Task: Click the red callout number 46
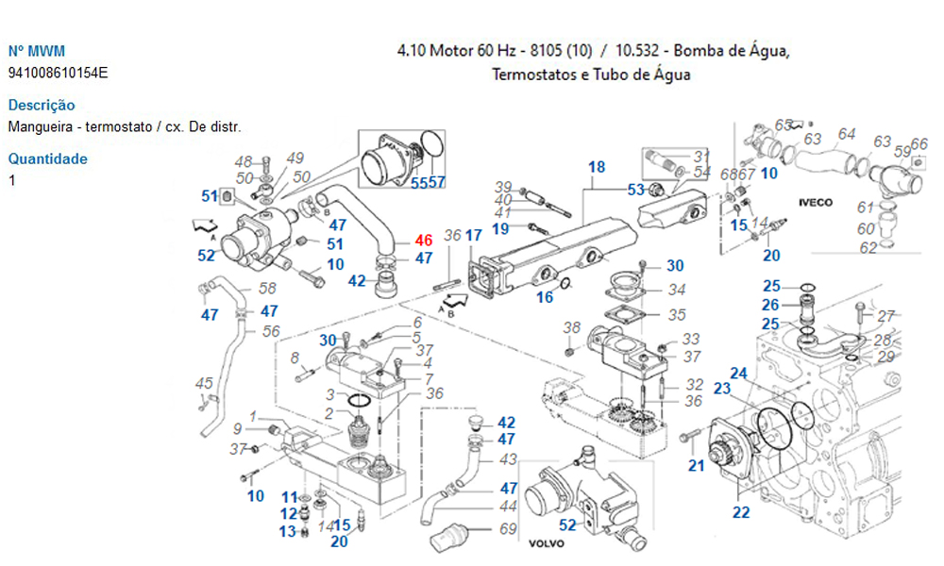[423, 241]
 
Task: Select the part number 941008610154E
[58, 73]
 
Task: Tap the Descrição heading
[41, 106]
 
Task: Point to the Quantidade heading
[47, 158]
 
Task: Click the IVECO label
[817, 203]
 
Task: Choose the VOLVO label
[546, 544]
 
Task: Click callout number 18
[596, 168]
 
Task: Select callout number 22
[741, 512]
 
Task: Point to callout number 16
[545, 298]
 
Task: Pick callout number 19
[500, 228]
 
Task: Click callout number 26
[771, 305]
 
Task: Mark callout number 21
[696, 464]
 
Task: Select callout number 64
[847, 134]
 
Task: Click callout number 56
[271, 331]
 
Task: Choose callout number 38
[572, 327]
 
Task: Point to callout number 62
[867, 247]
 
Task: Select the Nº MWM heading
[37, 51]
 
